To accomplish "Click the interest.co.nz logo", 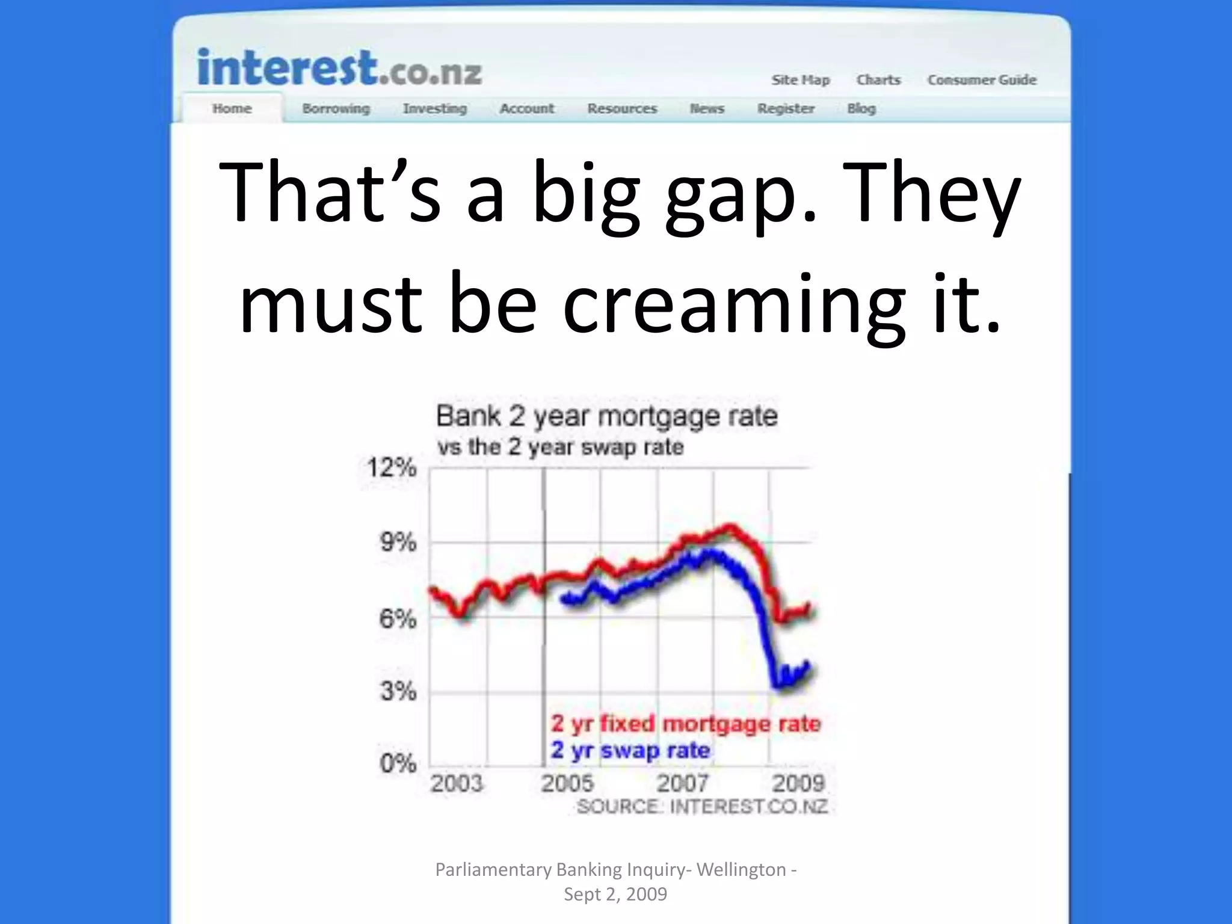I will (x=339, y=69).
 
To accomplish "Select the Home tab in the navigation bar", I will (x=232, y=109).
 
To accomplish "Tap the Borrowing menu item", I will (x=336, y=109).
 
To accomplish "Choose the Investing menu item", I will (x=435, y=109).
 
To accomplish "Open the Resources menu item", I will (x=622, y=109).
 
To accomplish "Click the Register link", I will (x=786, y=109).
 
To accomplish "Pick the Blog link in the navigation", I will (x=861, y=109).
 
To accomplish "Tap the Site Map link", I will (x=801, y=80).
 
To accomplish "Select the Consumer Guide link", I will (x=982, y=80).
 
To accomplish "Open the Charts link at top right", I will (x=878, y=80).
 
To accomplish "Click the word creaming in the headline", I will (x=733, y=304).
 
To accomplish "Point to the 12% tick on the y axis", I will (x=392, y=467).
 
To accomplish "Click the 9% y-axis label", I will (x=398, y=543).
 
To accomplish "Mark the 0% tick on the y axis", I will (x=398, y=763).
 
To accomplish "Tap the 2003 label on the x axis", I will (x=457, y=783).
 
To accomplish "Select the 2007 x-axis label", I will (x=682, y=783).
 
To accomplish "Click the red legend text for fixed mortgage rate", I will (x=686, y=724).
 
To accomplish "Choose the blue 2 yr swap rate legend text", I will (x=630, y=751).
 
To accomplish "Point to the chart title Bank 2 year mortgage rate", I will (x=606, y=416).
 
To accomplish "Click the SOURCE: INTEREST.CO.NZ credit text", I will (x=702, y=807).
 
